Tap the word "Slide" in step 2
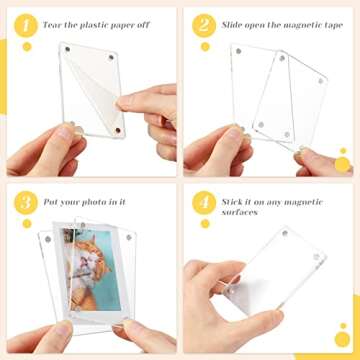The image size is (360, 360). (236, 20)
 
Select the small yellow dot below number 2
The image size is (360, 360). (205, 46)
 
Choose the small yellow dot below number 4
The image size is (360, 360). (205, 226)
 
